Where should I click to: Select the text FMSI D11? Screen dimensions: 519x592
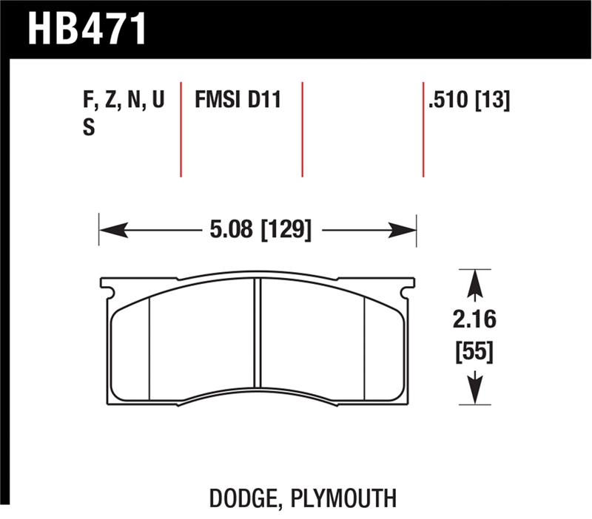238,99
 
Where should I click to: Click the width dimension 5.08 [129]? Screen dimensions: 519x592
258,230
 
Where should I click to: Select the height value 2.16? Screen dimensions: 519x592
474,321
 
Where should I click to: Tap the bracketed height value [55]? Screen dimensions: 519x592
474,350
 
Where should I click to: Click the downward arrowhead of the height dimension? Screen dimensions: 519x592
474,393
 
